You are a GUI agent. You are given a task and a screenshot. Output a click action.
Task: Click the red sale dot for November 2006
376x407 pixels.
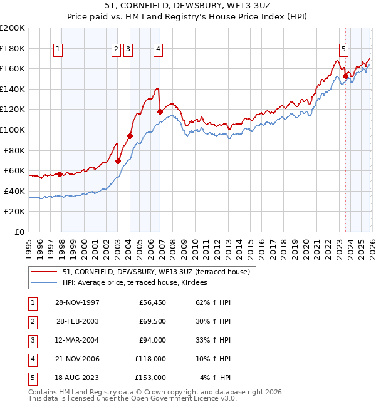[x=160, y=112]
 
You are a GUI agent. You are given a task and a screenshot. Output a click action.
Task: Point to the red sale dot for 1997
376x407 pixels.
[x=60, y=174]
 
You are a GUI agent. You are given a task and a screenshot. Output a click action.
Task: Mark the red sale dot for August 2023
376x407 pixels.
[x=345, y=76]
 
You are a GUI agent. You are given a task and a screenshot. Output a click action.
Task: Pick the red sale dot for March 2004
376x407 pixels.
[x=130, y=136]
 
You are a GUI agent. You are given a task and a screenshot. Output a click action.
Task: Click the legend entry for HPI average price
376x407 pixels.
[x=139, y=283]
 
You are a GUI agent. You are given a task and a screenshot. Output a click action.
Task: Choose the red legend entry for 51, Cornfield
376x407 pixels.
[x=156, y=272]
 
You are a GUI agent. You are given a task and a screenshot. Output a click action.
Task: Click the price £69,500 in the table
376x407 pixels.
[x=150, y=321]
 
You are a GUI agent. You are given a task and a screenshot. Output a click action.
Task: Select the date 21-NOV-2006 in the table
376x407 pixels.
[x=78, y=359]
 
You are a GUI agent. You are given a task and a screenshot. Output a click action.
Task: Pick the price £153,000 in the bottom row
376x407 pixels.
[x=150, y=378]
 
